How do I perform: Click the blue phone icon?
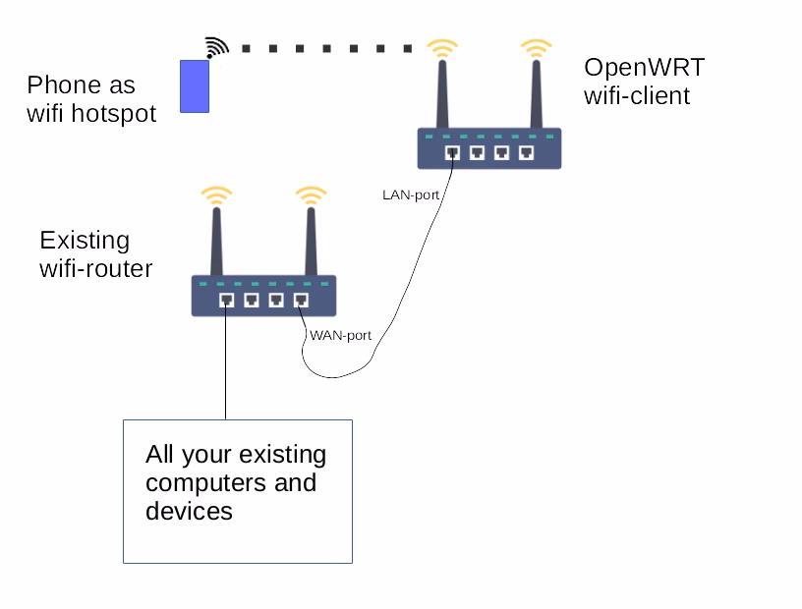195,85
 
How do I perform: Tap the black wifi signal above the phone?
215,47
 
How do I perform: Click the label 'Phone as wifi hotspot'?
90,99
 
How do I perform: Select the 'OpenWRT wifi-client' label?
644,82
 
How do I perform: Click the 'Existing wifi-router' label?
95,254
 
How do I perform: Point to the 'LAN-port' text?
410,194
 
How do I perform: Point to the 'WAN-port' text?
340,335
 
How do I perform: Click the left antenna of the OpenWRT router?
442,93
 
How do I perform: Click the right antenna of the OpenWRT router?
537,93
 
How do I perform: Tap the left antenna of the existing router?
216,241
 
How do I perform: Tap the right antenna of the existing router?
311,241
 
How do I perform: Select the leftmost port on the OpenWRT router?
452,153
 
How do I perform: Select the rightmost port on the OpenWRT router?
527,153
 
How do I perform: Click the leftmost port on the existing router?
226,301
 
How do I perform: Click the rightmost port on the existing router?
301,301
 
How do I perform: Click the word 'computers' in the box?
230,483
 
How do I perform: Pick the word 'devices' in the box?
189,511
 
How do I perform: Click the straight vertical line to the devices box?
226,363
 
